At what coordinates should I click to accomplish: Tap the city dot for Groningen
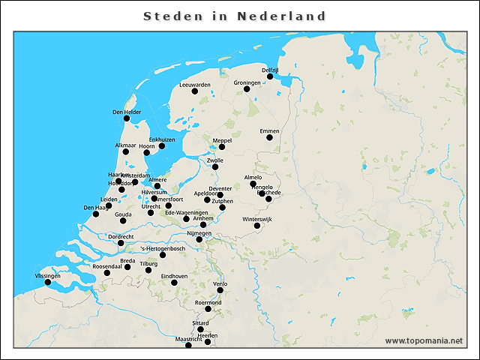pyautogui.click(x=247, y=89)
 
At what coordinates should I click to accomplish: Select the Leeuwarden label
pyautogui.click(x=195, y=85)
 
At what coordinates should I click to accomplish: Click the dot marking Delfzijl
pyautogui.click(x=270, y=76)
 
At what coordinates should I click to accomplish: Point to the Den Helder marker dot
pyautogui.click(x=127, y=118)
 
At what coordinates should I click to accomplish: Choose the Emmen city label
pyautogui.click(x=269, y=131)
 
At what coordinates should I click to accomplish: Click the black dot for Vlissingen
pyautogui.click(x=48, y=282)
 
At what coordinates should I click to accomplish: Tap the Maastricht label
pyautogui.click(x=188, y=339)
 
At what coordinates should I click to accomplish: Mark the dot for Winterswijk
pyautogui.click(x=257, y=226)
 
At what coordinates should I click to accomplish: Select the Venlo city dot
pyautogui.click(x=220, y=290)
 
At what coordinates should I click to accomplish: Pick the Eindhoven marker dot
pyautogui.click(x=174, y=283)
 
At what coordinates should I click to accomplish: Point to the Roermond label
pyautogui.click(x=208, y=302)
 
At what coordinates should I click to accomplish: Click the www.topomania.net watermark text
pyautogui.click(x=424, y=340)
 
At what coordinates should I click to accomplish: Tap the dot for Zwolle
pyautogui.click(x=215, y=167)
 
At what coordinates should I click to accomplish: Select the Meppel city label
pyautogui.click(x=222, y=140)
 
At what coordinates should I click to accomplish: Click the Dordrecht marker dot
pyautogui.click(x=121, y=243)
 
